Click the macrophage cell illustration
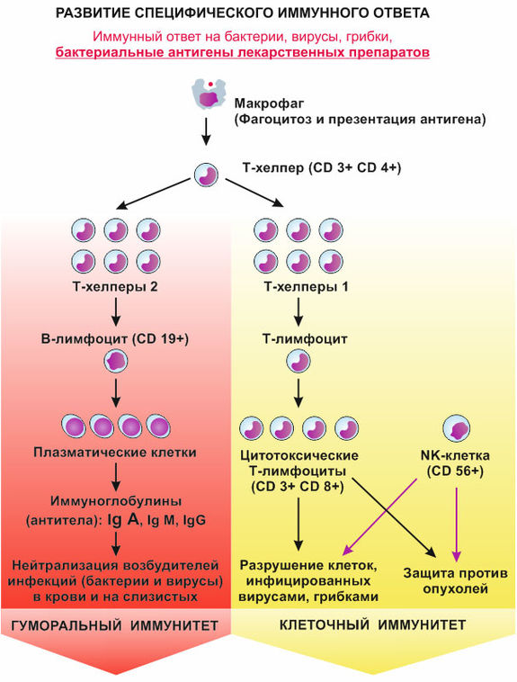tap(209, 94)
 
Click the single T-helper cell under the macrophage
tap(206, 175)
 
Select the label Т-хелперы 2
tap(115, 287)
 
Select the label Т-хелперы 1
tap(306, 287)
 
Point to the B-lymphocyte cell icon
tap(116, 362)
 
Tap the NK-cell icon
tap(456, 428)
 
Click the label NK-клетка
tap(455, 455)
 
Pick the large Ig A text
tap(123, 519)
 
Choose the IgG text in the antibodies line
tap(194, 520)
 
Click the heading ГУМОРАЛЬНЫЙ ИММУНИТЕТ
tap(114, 625)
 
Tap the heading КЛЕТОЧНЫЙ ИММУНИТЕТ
tap(372, 625)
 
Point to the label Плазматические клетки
tap(115, 453)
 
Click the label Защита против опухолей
tap(455, 581)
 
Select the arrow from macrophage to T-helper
tap(206, 130)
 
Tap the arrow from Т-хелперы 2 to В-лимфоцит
tap(116, 311)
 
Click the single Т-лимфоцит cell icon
tap(299, 362)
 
